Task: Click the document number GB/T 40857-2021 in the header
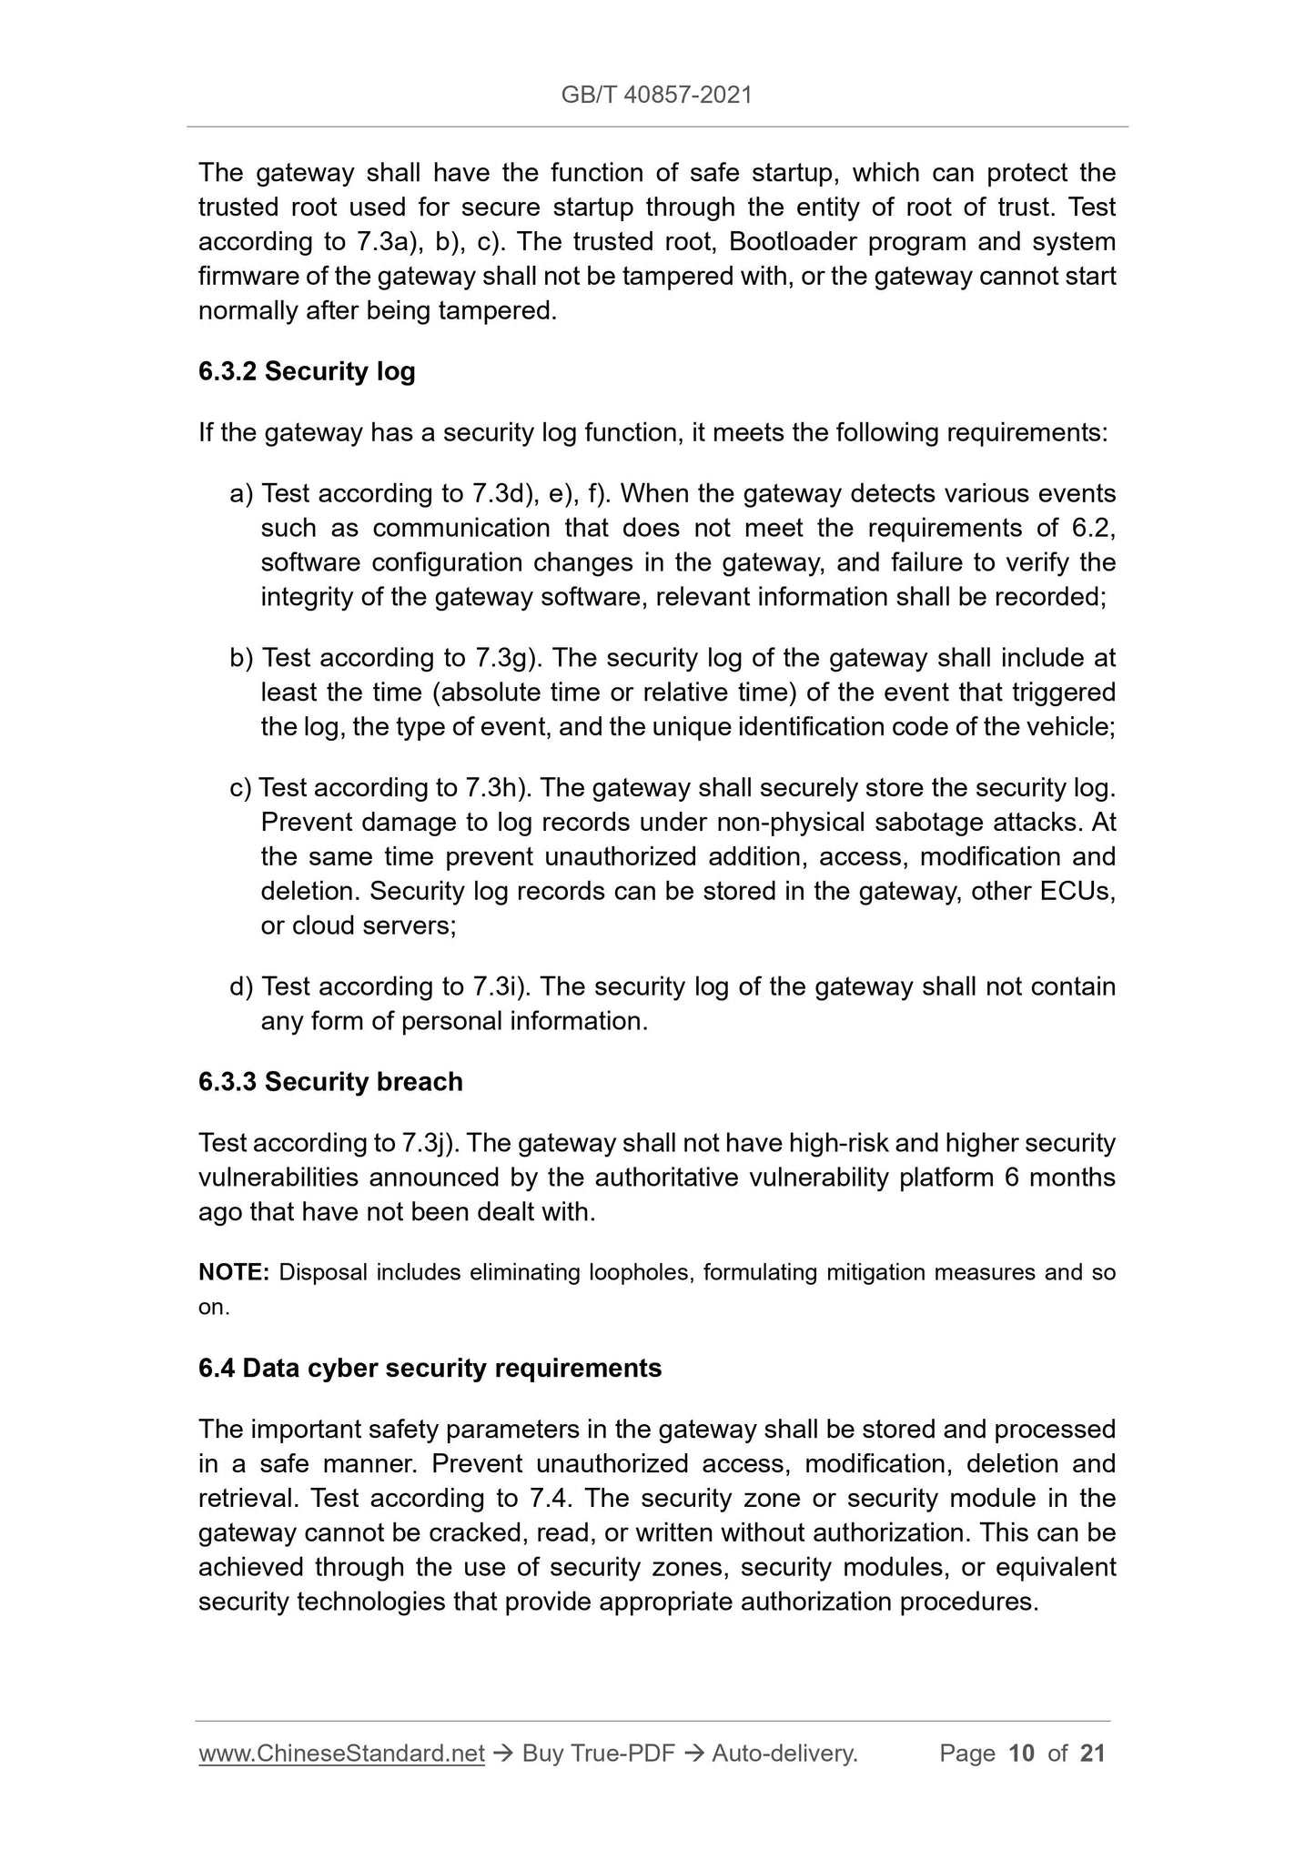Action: (656, 95)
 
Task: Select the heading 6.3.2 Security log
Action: (307, 371)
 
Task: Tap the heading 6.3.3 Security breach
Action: (330, 1081)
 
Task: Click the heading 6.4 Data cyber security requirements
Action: (430, 1368)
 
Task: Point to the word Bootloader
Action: (790, 242)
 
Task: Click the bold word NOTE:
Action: (234, 1272)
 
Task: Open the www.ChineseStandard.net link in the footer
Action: (341, 1753)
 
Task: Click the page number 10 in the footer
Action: (1022, 1753)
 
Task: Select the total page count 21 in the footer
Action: (1092, 1753)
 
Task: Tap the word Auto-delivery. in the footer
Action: (784, 1753)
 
